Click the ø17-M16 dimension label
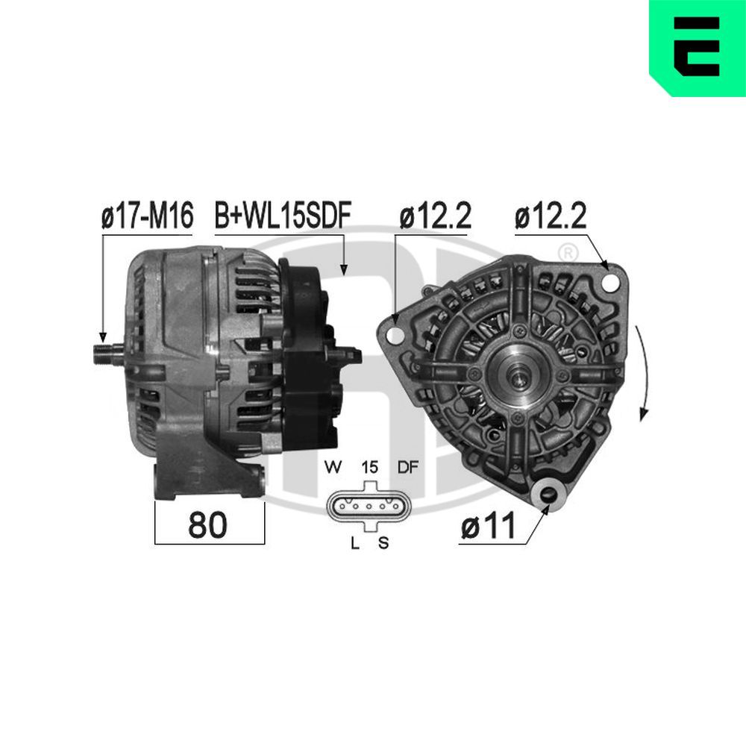click(147, 217)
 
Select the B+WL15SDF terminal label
click(283, 217)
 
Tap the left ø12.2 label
click(435, 217)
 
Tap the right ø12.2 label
click(551, 217)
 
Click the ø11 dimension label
click(488, 527)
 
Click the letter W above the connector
click(333, 468)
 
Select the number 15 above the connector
click(369, 468)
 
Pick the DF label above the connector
click(407, 468)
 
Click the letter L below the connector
click(355, 543)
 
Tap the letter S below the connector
click(383, 543)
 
